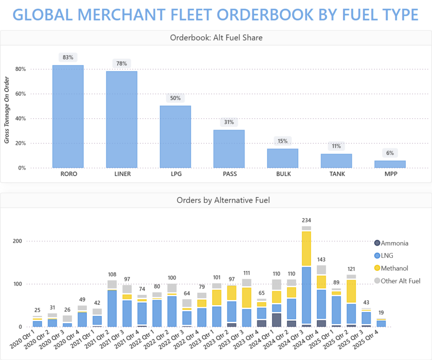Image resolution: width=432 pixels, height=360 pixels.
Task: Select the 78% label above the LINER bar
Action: [121, 63]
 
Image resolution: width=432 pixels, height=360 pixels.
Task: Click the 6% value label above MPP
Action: [390, 153]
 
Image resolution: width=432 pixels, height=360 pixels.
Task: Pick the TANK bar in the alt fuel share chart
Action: [336, 161]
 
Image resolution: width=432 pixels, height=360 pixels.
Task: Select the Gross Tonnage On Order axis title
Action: [7, 110]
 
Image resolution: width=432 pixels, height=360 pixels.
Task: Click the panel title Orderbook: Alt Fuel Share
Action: [216, 38]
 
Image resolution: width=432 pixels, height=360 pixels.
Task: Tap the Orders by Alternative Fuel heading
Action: [216, 200]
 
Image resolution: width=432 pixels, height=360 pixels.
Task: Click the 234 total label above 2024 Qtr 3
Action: [306, 220]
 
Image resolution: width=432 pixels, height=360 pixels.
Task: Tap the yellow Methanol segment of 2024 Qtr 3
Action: [306, 249]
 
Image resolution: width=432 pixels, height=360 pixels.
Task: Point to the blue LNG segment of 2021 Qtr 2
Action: [112, 308]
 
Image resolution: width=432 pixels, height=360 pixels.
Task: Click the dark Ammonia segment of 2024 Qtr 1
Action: [277, 320]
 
